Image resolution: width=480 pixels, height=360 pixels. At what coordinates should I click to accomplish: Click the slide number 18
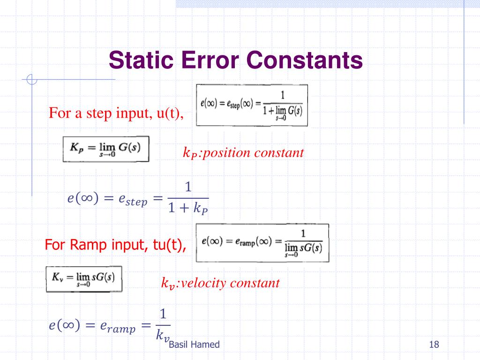tap(434, 345)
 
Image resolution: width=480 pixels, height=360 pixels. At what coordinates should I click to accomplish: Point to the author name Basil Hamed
tap(194, 345)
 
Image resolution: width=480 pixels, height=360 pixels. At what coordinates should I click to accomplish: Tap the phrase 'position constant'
tap(252, 152)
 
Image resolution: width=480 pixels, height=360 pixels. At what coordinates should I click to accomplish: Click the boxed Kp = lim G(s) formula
tap(106, 149)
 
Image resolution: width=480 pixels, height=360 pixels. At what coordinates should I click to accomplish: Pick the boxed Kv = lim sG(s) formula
tap(84, 279)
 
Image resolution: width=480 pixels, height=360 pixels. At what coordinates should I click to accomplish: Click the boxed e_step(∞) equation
tap(252, 105)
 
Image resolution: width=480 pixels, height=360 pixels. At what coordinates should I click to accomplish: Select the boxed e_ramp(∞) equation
tap(262, 242)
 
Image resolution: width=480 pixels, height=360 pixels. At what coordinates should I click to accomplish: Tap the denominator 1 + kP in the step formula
tap(188, 208)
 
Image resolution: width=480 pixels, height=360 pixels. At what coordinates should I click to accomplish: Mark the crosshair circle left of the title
tap(32, 80)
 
